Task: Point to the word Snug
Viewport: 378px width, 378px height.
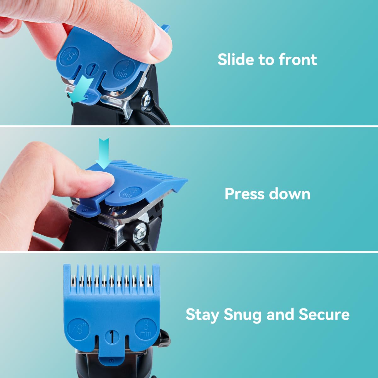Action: click(242, 315)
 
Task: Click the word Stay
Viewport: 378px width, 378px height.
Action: click(202, 315)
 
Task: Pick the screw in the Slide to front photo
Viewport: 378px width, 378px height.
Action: click(146, 100)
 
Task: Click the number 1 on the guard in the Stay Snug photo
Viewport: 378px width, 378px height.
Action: click(111, 337)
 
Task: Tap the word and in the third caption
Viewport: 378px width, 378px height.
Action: click(280, 314)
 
